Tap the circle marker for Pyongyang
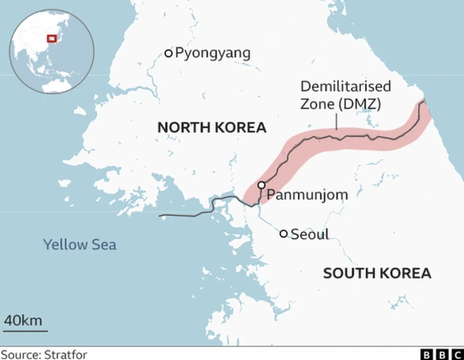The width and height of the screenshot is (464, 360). click(169, 53)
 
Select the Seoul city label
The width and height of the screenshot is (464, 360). click(310, 234)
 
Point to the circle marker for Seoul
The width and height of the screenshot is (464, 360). click(284, 233)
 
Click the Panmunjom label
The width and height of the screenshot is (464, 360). click(307, 194)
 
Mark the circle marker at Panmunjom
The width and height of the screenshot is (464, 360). click(261, 185)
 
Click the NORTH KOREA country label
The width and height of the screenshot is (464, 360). click(212, 128)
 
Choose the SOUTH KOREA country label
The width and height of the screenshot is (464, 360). click(377, 273)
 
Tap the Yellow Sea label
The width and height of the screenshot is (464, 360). click(80, 244)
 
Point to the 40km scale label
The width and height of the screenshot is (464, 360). click(23, 320)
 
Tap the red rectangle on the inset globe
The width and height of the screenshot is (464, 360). click(51, 39)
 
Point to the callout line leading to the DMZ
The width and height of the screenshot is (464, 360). click(336, 120)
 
